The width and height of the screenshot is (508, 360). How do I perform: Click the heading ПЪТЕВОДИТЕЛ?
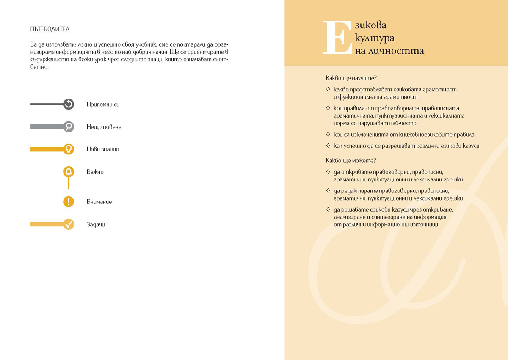(50, 29)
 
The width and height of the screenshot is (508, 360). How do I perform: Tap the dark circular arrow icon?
(69, 104)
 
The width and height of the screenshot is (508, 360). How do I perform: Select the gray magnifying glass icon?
(69, 126)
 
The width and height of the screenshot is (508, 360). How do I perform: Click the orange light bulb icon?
(69, 149)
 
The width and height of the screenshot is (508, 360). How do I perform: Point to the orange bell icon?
(69, 172)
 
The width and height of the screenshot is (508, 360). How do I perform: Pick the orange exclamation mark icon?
(69, 202)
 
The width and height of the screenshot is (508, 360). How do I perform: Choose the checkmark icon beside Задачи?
(69, 224)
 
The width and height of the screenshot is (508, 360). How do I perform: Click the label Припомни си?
(103, 104)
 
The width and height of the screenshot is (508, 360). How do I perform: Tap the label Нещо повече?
(104, 127)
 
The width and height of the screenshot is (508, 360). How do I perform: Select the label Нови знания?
(102, 149)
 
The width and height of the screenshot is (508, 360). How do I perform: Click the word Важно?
(95, 172)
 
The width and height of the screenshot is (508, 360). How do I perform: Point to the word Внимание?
(99, 202)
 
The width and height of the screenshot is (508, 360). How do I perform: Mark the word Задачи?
(95, 225)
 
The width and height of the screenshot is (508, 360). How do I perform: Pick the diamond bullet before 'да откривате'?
(328, 172)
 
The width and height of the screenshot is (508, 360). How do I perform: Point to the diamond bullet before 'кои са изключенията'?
(328, 135)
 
